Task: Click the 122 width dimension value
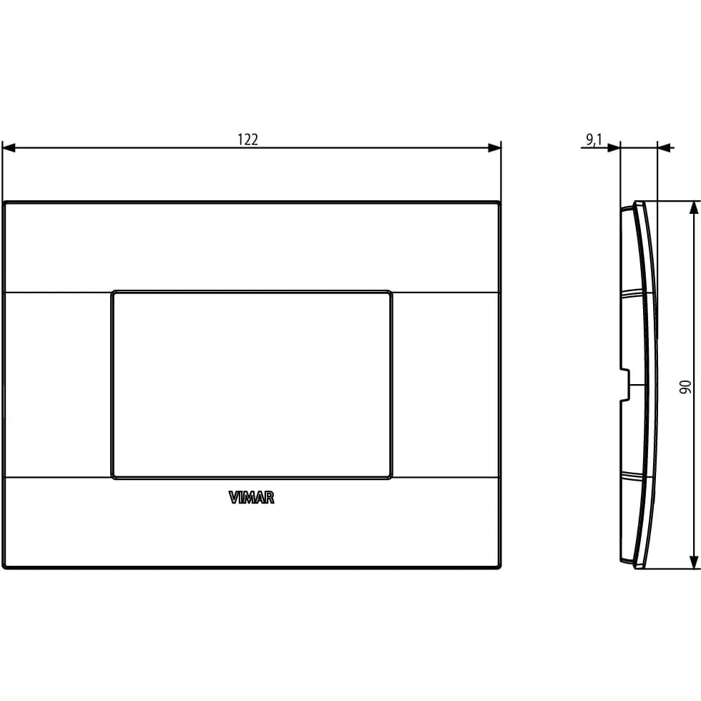coord(247,139)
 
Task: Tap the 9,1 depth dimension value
coord(594,140)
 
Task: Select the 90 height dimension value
coord(685,387)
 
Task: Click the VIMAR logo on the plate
coord(251,498)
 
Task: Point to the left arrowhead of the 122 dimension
coord(9,147)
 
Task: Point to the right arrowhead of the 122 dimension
coord(494,147)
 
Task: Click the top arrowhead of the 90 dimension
coord(693,208)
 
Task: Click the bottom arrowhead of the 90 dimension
coord(693,562)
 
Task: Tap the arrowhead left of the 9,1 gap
coord(614,147)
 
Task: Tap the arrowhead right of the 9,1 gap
coord(664,147)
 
